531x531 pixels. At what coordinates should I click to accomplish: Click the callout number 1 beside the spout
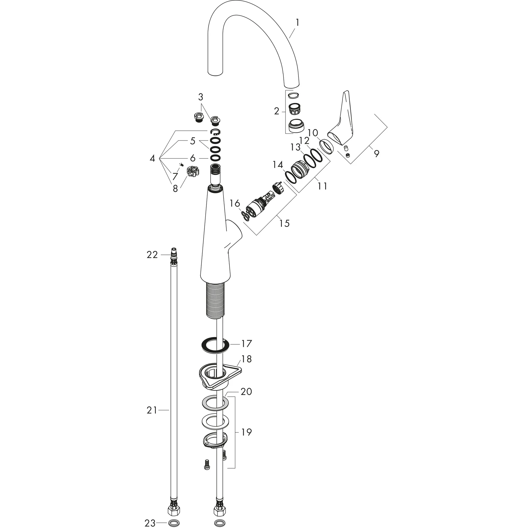(297, 23)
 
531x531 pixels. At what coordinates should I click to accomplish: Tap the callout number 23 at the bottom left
(150, 523)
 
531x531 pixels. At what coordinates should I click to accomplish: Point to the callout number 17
(246, 344)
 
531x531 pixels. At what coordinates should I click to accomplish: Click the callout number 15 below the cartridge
(284, 223)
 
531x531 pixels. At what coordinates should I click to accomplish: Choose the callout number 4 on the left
(152, 159)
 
